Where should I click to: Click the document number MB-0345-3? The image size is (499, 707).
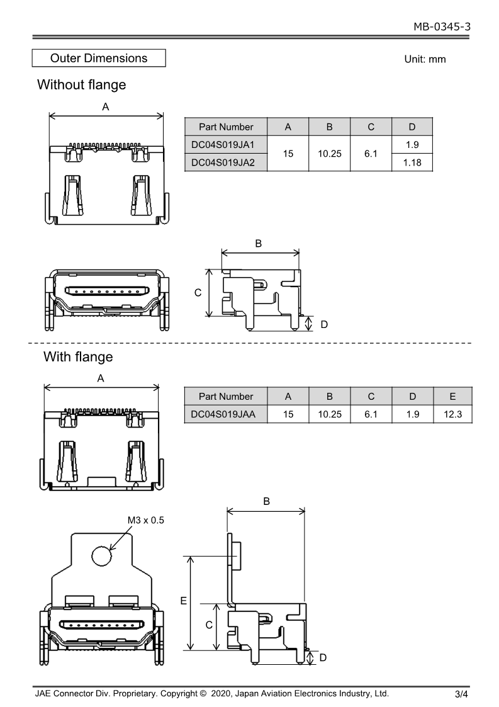(442, 26)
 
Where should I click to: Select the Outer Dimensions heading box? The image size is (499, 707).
(99, 59)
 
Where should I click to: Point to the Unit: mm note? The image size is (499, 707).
(425, 59)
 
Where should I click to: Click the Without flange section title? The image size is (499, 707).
(82, 84)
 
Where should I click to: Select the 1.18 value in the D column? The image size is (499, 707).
(412, 162)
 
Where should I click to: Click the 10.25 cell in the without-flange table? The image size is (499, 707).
(329, 153)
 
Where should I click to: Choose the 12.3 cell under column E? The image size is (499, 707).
(453, 414)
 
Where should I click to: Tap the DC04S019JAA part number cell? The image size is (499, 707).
(226, 414)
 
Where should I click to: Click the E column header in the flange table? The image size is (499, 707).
(453, 396)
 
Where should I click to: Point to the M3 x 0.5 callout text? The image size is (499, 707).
(145, 520)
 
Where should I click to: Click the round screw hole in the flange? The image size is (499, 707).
(101, 556)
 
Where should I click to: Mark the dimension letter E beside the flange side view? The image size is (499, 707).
(184, 601)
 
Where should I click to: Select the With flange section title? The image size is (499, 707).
(78, 357)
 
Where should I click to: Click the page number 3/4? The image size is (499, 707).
(462, 695)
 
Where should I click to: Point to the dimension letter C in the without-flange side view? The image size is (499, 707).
(198, 293)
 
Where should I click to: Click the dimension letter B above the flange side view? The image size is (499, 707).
(266, 501)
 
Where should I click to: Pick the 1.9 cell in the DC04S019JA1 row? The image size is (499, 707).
(412, 144)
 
